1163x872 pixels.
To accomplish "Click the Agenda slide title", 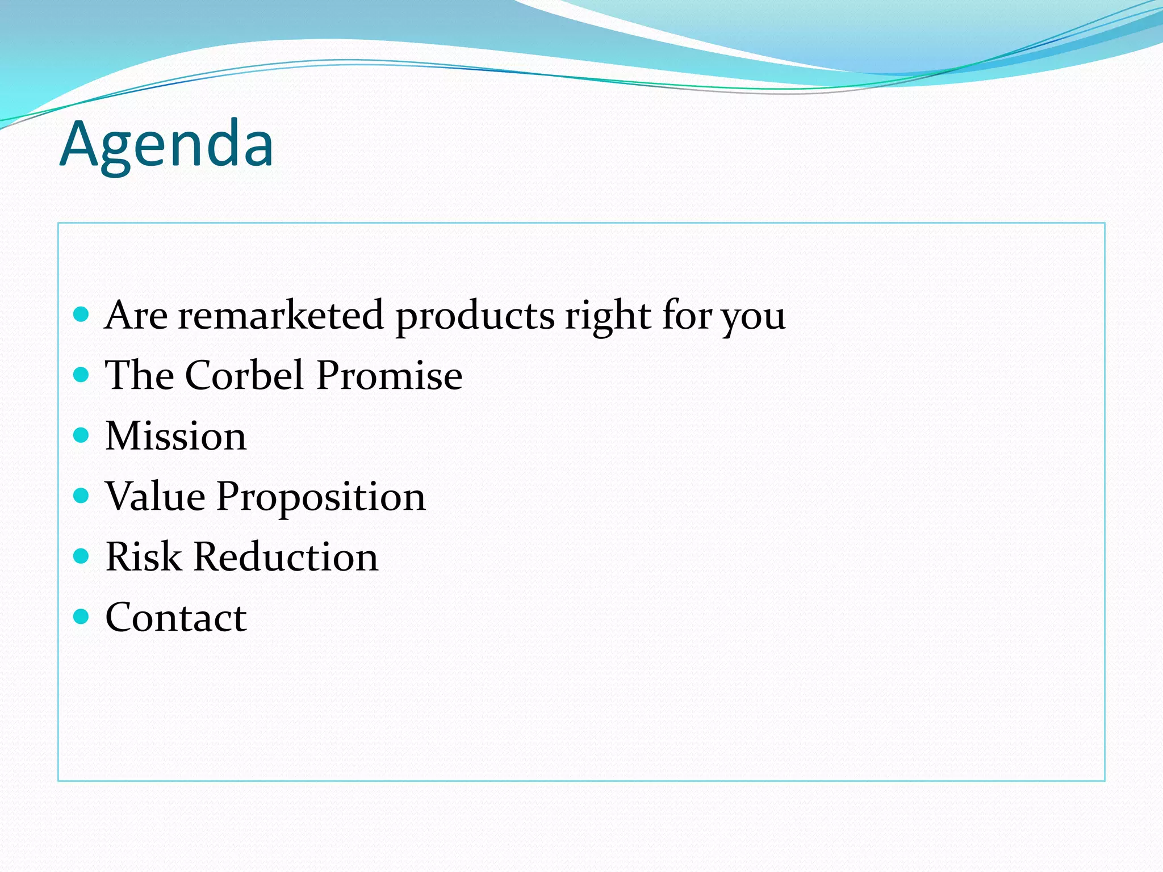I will [166, 145].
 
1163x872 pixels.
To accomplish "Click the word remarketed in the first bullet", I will [281, 315].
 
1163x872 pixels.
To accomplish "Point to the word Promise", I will [390, 375].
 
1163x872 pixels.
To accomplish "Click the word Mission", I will [176, 436].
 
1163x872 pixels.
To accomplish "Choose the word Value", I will [155, 496].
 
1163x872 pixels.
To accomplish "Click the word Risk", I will [143, 557].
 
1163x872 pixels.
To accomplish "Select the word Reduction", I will [286, 557].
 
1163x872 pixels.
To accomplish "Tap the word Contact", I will [176, 618].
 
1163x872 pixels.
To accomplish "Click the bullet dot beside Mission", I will [82, 435].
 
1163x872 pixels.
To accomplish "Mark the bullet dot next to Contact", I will [82, 617].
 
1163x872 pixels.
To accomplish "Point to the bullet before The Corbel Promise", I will [82, 375].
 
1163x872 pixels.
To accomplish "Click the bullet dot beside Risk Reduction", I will [82, 556].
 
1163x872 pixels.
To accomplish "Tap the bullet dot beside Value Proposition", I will [82, 496].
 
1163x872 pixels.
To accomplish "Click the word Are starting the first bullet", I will [136, 315].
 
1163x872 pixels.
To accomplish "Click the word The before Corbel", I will [140, 375].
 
